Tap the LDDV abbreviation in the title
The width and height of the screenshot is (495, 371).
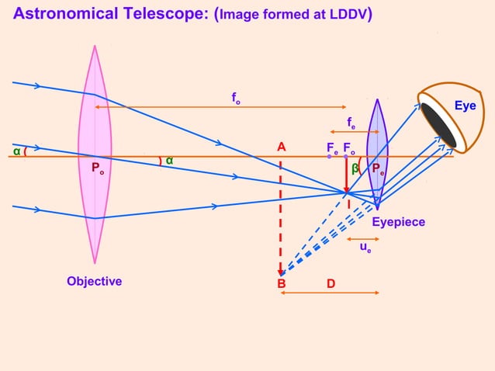pyautogui.click(x=348, y=14)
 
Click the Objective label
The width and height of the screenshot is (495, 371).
pyautogui.click(x=94, y=281)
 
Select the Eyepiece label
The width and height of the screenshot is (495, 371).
pyautogui.click(x=398, y=223)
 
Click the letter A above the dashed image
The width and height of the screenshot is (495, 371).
pyautogui.click(x=281, y=147)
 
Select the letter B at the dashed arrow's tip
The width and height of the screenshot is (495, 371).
pyautogui.click(x=282, y=284)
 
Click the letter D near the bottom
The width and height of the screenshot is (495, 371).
pyautogui.click(x=331, y=284)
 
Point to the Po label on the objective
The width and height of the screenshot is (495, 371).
pyautogui.click(x=98, y=168)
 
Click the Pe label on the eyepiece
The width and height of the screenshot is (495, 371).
pyautogui.click(x=378, y=169)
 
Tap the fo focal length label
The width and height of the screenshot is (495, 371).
pyautogui.click(x=235, y=98)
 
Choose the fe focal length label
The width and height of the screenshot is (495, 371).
pyautogui.click(x=351, y=122)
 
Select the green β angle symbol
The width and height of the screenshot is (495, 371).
pyautogui.click(x=355, y=168)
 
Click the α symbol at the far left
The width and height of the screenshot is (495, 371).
pyautogui.click(x=16, y=151)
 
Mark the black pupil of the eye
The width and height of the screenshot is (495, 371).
pyautogui.click(x=438, y=124)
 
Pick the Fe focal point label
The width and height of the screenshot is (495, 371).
pyautogui.click(x=332, y=147)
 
